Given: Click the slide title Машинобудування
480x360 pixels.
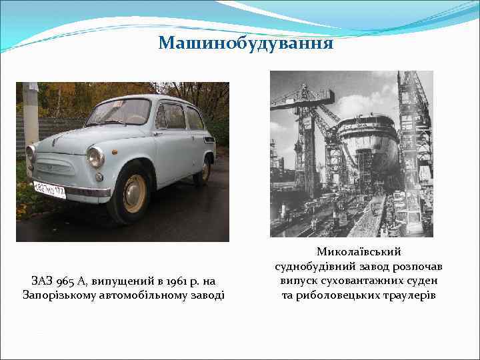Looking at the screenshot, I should pyautogui.click(x=246, y=43).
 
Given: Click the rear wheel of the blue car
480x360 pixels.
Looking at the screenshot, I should pyautogui.click(x=202, y=170).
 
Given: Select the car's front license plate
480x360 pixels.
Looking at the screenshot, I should pyautogui.click(x=49, y=189).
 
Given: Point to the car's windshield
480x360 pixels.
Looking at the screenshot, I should pyautogui.click(x=119, y=111).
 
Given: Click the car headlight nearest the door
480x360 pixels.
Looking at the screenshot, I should pyautogui.click(x=96, y=157).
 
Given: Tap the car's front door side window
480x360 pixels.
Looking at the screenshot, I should pyautogui.click(x=171, y=116).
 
